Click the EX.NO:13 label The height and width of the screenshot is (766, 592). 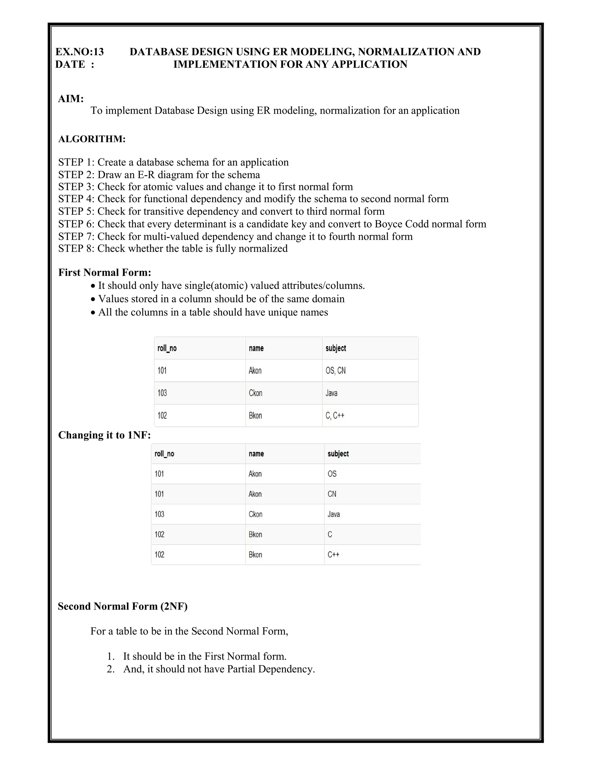[x=79, y=52]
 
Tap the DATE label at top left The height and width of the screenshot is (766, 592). [x=70, y=64]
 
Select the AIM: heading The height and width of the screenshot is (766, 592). [x=71, y=99]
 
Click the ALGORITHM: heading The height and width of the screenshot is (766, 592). [x=92, y=139]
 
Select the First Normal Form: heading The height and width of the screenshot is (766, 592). [x=105, y=273]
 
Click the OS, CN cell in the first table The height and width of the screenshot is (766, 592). [x=335, y=371]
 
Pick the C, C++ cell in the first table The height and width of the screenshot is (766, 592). [x=335, y=416]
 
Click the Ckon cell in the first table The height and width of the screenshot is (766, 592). [x=255, y=393]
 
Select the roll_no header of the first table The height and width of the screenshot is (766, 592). [x=167, y=348]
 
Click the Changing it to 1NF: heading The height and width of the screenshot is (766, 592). [x=104, y=435]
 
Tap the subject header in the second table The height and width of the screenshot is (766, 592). [x=338, y=454]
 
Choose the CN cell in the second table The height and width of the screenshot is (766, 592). [x=332, y=494]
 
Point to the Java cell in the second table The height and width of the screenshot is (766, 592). [x=334, y=514]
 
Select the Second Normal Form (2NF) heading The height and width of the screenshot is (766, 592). [x=122, y=606]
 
